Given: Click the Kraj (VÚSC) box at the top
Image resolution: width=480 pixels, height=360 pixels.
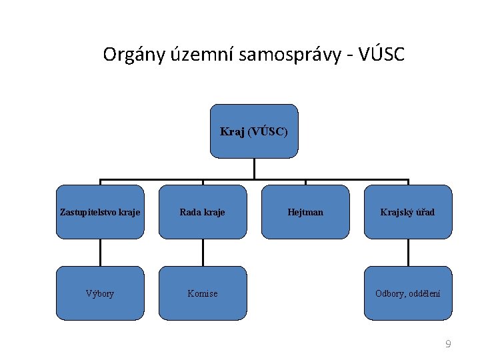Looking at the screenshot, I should point(254,131).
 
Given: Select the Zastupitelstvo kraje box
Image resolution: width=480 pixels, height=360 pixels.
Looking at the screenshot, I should point(100,212).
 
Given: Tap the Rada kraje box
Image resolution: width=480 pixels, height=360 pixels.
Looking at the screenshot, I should point(203,212).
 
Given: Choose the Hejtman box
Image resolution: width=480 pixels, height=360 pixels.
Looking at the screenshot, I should point(305,212).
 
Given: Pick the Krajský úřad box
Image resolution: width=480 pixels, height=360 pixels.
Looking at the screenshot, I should point(407,212).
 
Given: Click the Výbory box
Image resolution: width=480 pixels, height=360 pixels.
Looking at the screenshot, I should point(100,293).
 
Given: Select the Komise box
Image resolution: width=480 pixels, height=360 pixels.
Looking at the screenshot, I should point(203,293).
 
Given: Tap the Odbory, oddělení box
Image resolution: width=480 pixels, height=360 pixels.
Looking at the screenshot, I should point(407,293).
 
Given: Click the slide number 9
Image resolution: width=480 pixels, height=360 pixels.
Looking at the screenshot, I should point(448,344).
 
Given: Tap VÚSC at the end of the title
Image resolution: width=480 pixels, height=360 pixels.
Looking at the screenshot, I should point(381,55).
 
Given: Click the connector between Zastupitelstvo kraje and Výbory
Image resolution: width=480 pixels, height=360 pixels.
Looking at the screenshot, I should point(100,253).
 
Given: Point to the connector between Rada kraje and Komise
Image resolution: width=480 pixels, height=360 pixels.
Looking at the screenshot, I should point(203,253).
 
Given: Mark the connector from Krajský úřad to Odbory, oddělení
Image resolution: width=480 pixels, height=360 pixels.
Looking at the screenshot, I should point(407,253).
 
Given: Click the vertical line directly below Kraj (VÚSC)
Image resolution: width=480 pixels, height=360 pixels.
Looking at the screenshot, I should point(254,169).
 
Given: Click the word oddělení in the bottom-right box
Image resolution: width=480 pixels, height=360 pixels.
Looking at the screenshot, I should point(424,293).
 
